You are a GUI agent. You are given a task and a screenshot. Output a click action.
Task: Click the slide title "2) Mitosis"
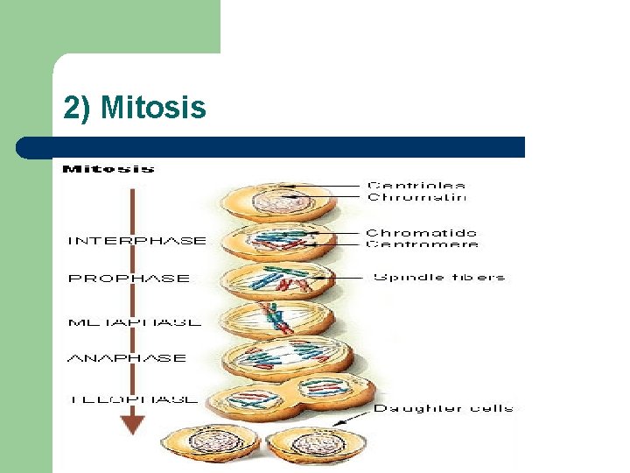[x=135, y=108]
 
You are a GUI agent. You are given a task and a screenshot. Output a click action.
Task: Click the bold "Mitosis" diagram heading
[x=108, y=168]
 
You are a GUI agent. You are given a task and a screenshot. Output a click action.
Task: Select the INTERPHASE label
[x=137, y=240]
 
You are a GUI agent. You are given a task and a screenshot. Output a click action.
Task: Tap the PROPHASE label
[x=129, y=279]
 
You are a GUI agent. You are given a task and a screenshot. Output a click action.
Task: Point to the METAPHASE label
[x=134, y=321]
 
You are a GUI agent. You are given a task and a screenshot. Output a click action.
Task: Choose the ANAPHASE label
[x=127, y=357]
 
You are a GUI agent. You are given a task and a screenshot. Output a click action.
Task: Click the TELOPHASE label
[x=132, y=399]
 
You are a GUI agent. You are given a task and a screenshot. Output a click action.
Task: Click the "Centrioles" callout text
[x=416, y=185]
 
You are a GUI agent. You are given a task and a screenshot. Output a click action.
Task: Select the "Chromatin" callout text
[x=416, y=197]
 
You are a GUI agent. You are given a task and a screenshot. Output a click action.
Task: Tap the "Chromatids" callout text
[x=421, y=233]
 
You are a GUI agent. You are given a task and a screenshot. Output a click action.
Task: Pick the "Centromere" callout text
[x=421, y=245]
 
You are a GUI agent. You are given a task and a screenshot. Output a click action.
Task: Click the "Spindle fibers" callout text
[x=439, y=278]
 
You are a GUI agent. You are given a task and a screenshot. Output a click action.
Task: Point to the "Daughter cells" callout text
[x=444, y=408]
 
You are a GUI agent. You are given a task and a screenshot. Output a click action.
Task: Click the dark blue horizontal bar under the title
[x=271, y=147]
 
